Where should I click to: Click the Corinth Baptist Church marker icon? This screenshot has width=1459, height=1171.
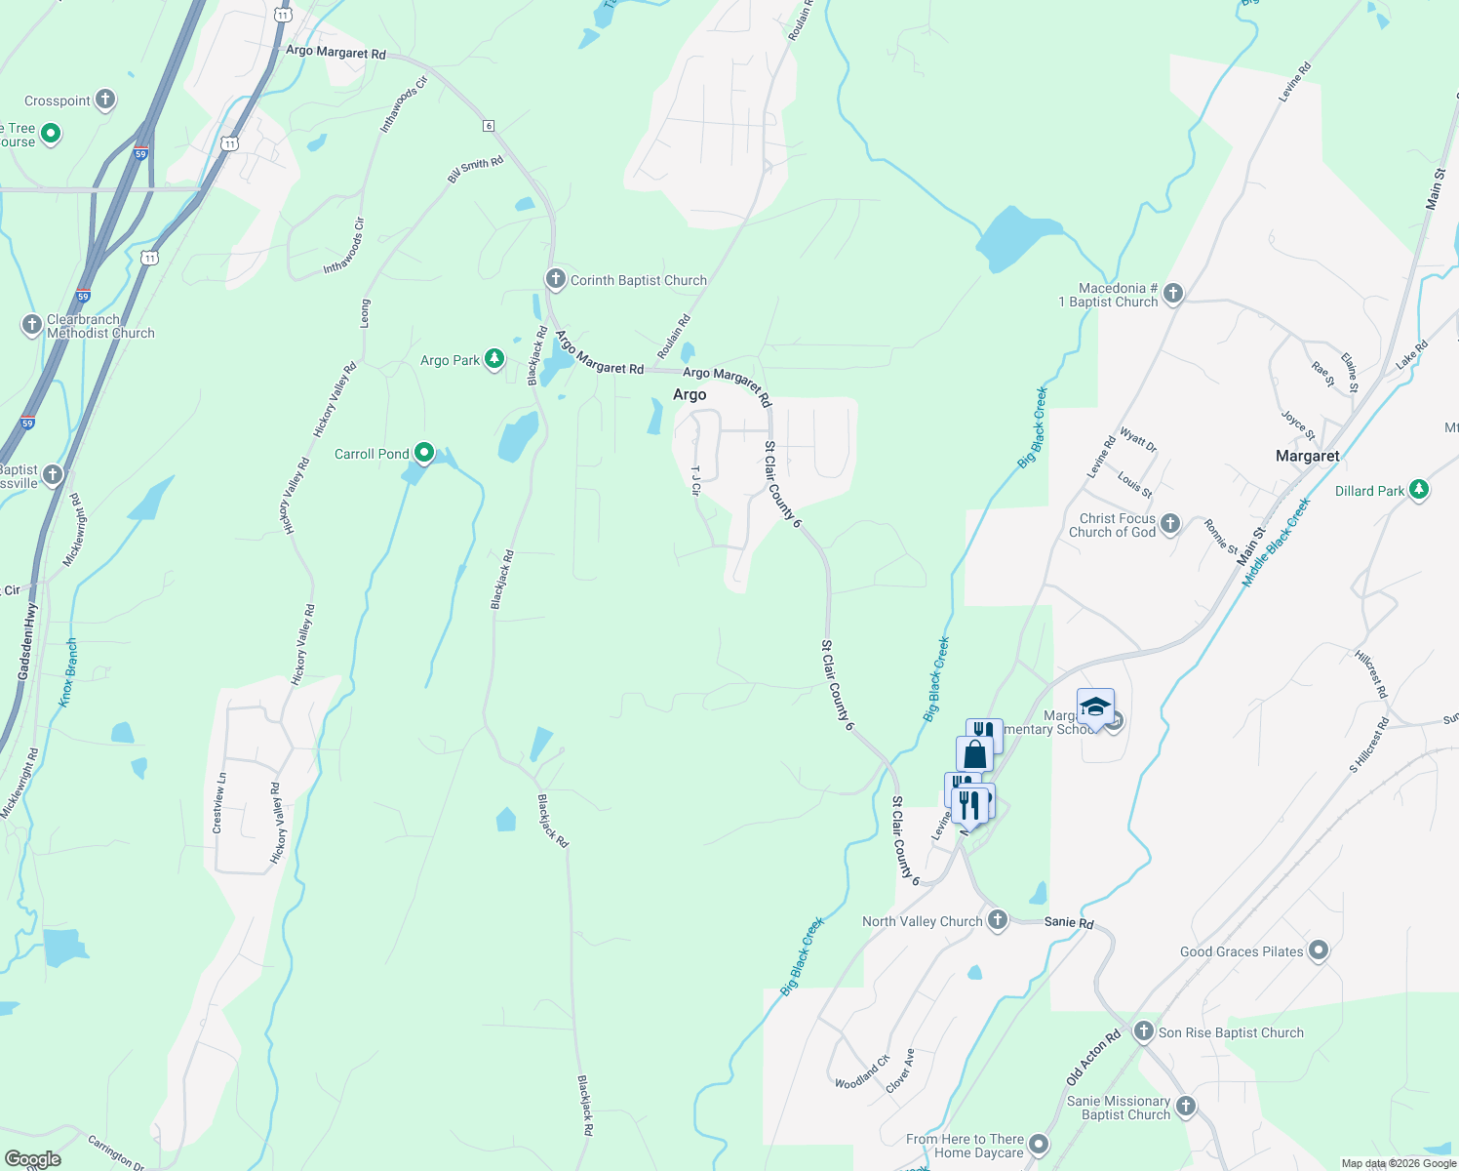[555, 280]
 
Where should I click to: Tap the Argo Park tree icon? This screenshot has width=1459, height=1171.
[494, 360]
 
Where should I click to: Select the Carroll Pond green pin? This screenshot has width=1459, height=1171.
[424, 453]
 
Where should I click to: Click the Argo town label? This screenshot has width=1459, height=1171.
[690, 394]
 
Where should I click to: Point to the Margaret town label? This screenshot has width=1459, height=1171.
[1307, 456]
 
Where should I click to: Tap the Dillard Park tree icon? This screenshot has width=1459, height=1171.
[1419, 490]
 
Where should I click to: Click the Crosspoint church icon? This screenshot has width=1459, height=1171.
[105, 100]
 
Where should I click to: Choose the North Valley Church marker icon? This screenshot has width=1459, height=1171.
[997, 920]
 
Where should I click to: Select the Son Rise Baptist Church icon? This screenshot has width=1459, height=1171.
[1144, 1031]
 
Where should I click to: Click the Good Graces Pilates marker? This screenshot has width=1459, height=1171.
[1319, 950]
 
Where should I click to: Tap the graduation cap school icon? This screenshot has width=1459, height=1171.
[1095, 707]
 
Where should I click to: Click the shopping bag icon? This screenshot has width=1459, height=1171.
[974, 754]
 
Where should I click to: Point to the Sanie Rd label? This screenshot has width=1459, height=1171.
[1069, 922]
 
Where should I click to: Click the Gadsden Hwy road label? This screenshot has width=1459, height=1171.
[28, 641]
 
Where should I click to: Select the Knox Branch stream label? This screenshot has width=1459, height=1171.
[68, 673]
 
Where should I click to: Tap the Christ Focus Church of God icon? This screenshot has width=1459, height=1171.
[1170, 524]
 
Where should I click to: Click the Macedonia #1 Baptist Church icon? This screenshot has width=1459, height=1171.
[1173, 293]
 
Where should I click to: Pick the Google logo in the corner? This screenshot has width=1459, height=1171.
[32, 1159]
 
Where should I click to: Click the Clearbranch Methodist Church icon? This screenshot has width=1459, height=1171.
[32, 324]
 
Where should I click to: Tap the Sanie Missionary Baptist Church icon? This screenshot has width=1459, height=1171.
[1186, 1106]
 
